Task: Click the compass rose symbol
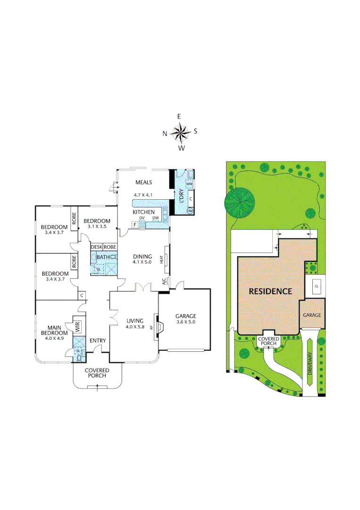pyautogui.click(x=180, y=133)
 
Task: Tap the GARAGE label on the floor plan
pyautogui.click(x=185, y=316)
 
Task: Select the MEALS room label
pyautogui.click(x=143, y=182)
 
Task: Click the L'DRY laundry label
pyautogui.click(x=181, y=195)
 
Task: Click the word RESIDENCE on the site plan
pyautogui.click(x=270, y=291)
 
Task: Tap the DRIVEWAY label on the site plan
pyautogui.click(x=310, y=364)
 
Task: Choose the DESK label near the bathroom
pyautogui.click(x=96, y=247)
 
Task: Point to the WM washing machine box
pyautogui.click(x=190, y=183)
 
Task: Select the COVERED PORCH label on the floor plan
pyautogui.click(x=97, y=373)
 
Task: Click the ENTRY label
pyautogui.click(x=97, y=340)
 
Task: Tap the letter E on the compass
pyautogui.click(x=179, y=116)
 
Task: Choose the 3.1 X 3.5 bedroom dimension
pyautogui.click(x=97, y=227)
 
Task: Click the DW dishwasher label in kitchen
pyautogui.click(x=155, y=218)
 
